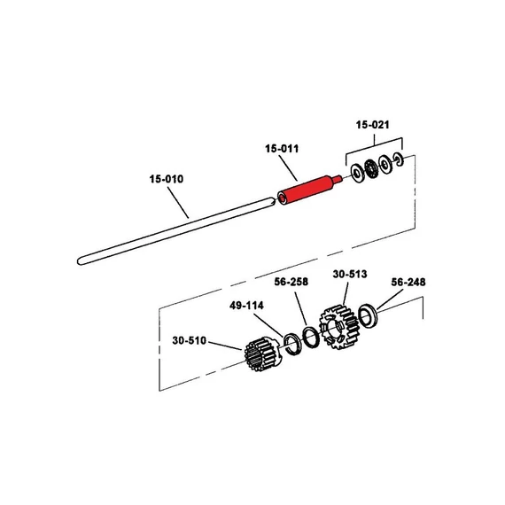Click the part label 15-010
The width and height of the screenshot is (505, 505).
pos(167,179)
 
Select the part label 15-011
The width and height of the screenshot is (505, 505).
pos(282,149)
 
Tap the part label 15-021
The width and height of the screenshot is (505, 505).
pos(372,125)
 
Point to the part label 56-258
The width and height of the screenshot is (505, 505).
pos(291,282)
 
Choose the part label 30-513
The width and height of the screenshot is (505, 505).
pos(350,274)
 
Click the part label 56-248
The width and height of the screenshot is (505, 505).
pos(408,282)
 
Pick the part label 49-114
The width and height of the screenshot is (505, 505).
pos(246,306)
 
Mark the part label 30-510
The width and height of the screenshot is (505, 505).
pos(189,340)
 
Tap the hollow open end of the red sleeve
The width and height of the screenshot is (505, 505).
pos(283,199)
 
